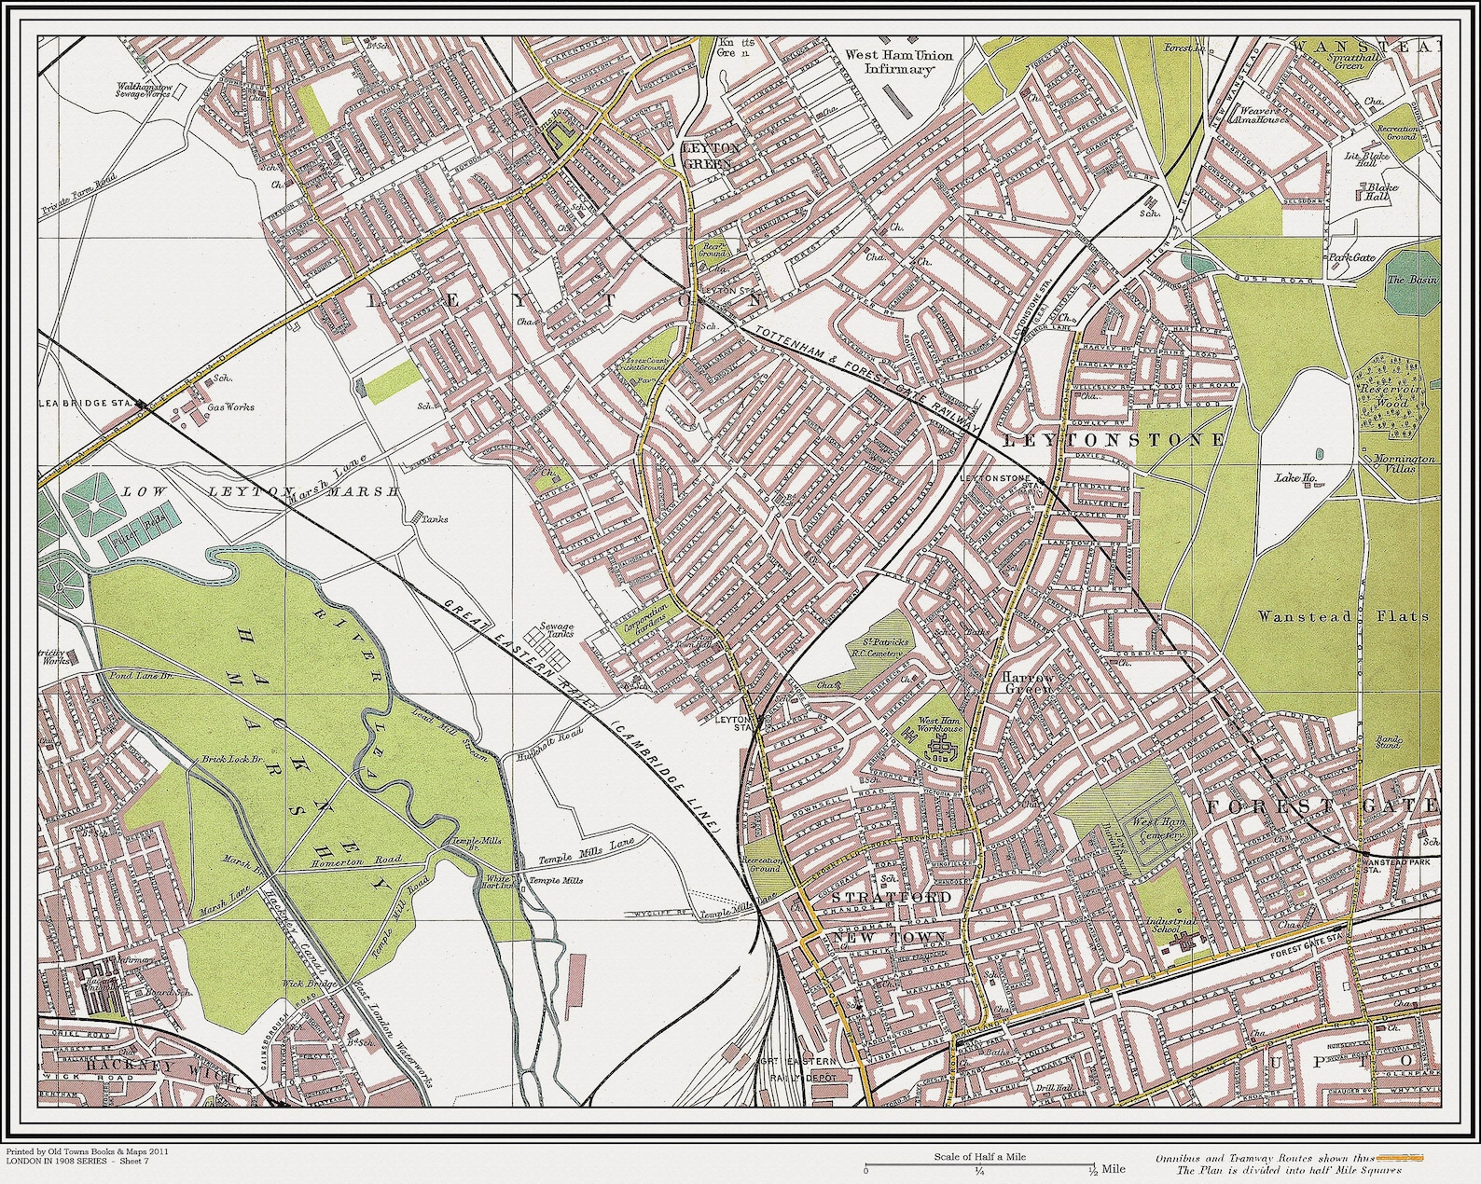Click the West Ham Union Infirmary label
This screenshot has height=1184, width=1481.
point(898,62)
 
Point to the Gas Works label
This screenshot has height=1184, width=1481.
point(230,407)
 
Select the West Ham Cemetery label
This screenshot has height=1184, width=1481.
point(1157,830)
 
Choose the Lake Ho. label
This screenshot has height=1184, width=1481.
point(1294,478)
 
